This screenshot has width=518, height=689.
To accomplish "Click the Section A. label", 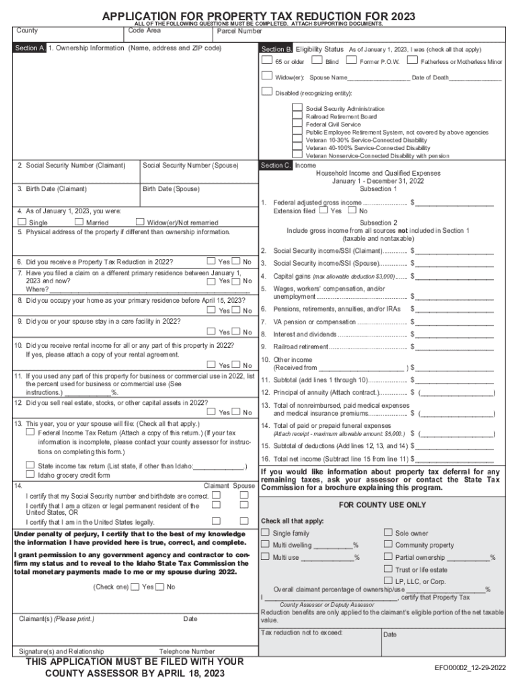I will coord(31,48).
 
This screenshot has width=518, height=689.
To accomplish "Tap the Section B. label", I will coord(276,50).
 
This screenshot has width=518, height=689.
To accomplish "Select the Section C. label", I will coord(276,166).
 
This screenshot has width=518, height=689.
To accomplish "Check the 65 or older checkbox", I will coord(266,61).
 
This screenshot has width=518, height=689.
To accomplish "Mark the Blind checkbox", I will coord(317,61).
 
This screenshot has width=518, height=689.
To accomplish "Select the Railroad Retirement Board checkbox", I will coord(297,116).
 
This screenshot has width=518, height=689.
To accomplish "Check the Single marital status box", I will coord(22,222).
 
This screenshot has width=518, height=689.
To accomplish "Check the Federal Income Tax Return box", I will coord(30,433).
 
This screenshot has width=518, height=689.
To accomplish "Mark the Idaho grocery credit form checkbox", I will coord(30,474).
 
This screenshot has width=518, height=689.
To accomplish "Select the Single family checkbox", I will coord(265,533).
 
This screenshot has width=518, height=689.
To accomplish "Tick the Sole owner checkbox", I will coord(388,533).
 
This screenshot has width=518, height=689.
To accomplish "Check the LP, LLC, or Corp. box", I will coord(388,581).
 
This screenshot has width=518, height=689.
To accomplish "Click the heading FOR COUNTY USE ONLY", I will coord(382,505).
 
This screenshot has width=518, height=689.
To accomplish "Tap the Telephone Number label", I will coord(187,651).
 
